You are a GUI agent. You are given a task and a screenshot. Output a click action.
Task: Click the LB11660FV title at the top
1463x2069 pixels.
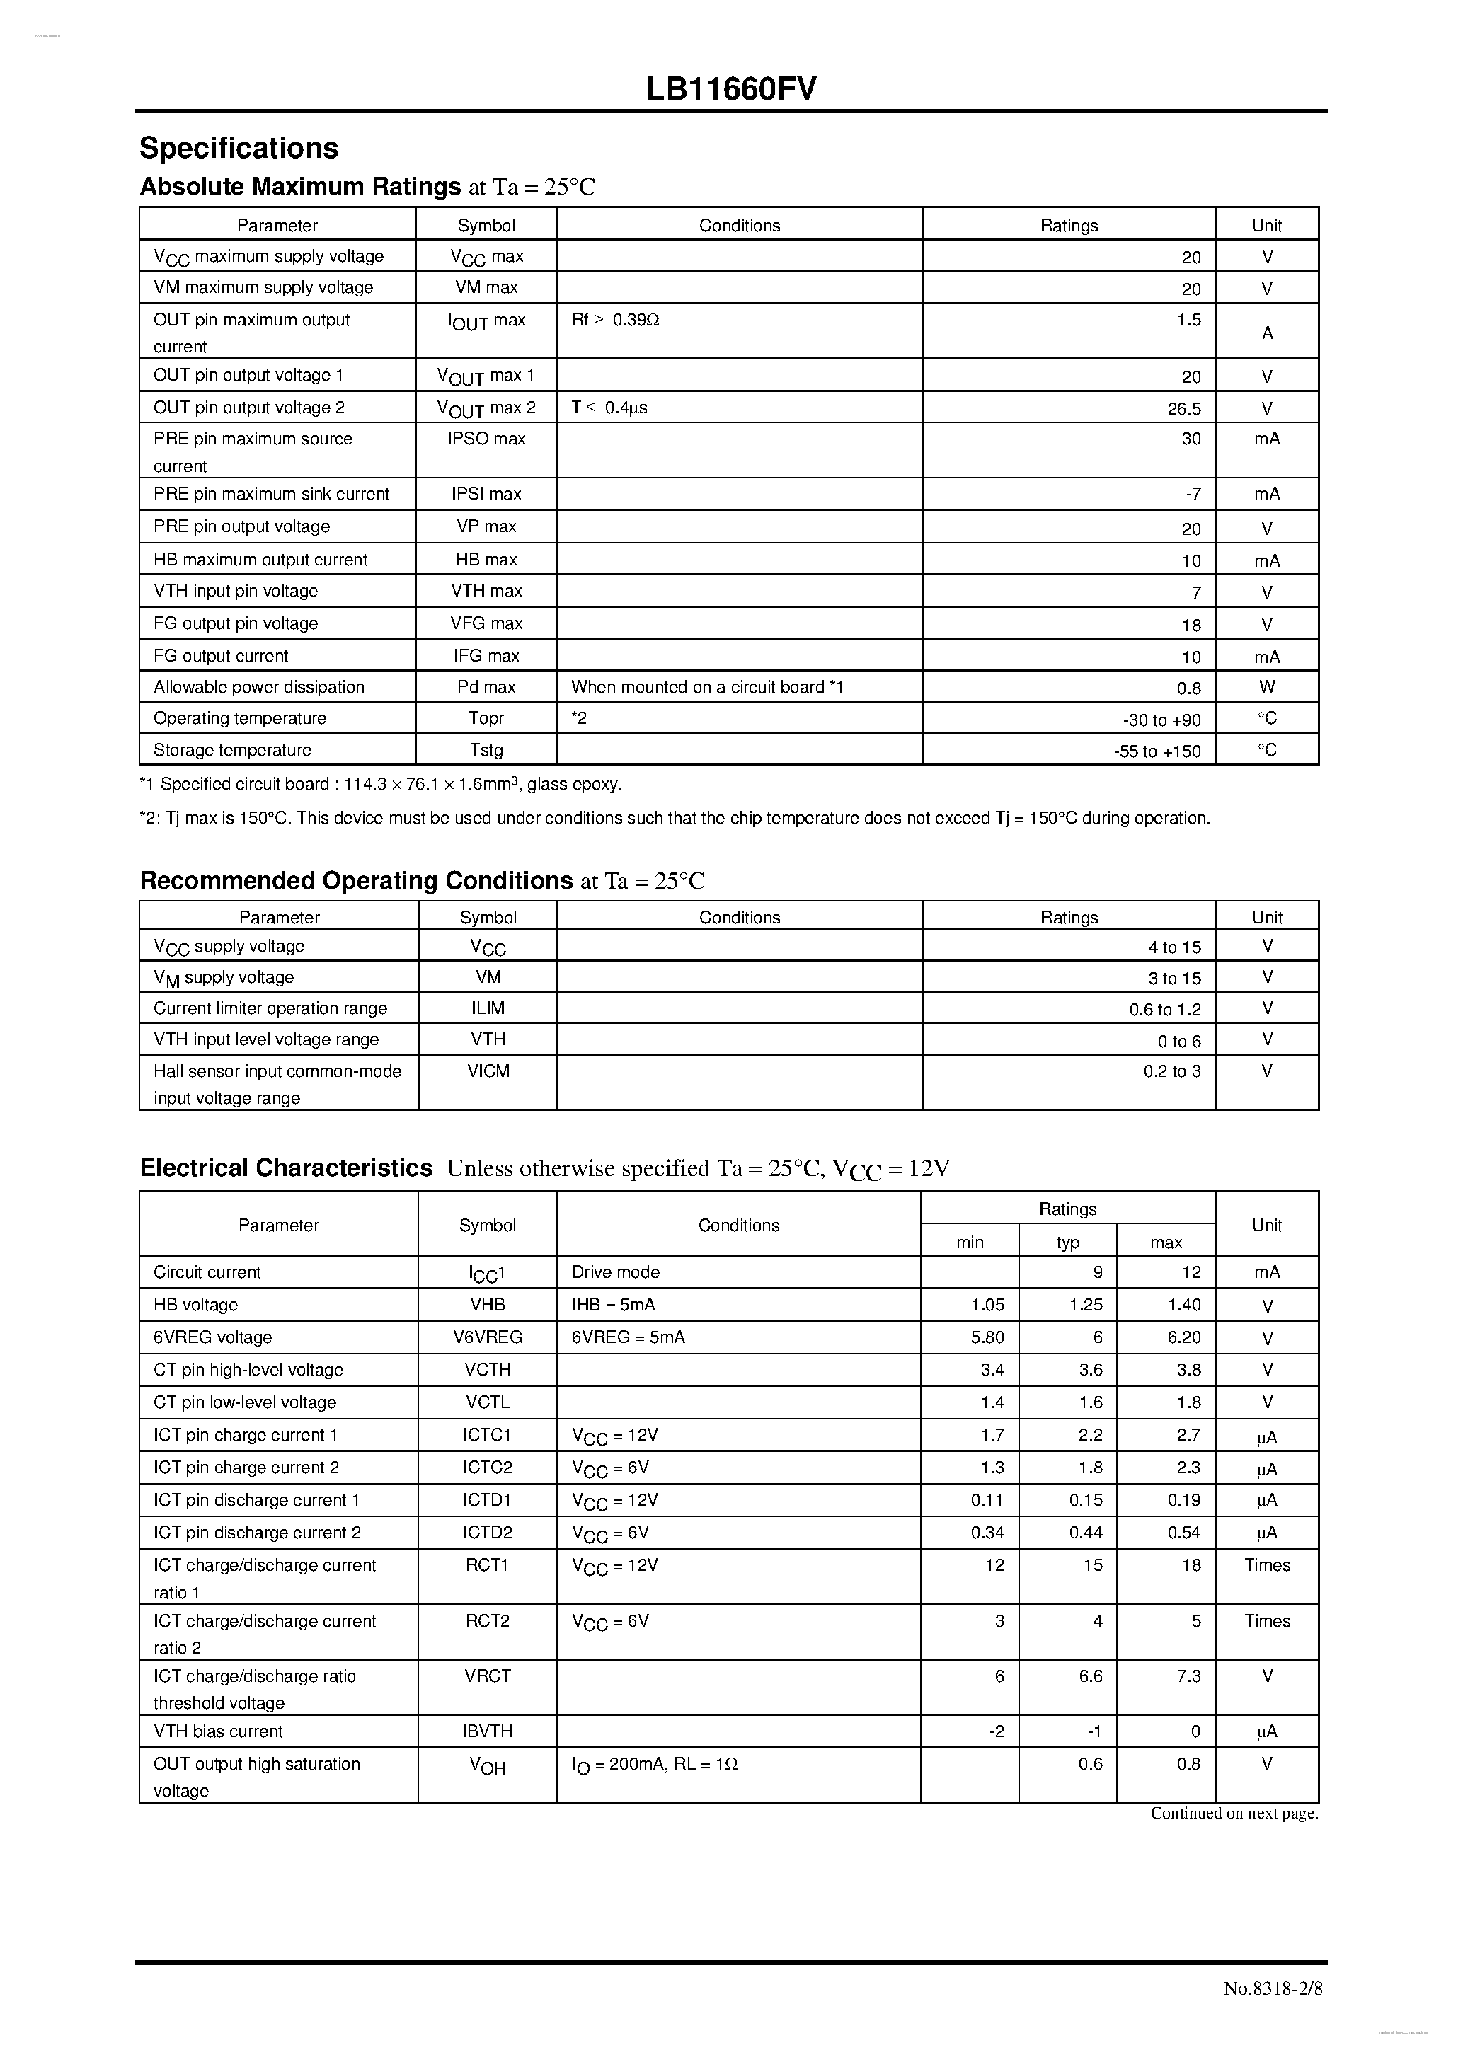coord(731,89)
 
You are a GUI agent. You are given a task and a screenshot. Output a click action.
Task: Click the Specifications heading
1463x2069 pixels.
coord(239,148)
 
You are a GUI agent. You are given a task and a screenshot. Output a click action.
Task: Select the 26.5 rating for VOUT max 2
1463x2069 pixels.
coord(1183,408)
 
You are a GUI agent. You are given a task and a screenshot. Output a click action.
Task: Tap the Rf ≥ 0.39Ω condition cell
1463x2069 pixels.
coord(616,320)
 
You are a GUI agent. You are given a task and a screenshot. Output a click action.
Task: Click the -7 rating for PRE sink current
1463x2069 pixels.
coord(1193,494)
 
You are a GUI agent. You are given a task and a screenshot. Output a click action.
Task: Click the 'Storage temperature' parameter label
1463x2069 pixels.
coord(233,750)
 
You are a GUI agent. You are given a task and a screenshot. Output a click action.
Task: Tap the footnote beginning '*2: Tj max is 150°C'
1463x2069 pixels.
coord(675,818)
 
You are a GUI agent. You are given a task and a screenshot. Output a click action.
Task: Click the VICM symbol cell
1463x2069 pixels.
coord(488,1071)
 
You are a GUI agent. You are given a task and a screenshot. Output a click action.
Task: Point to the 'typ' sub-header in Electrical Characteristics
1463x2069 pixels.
coord(1067,1242)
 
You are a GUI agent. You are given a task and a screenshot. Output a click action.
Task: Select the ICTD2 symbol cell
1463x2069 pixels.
coord(487,1533)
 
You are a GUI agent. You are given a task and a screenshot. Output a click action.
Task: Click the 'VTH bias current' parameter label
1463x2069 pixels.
coord(218,1731)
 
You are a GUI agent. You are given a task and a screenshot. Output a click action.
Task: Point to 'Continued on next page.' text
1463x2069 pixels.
coord(1233,1813)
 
